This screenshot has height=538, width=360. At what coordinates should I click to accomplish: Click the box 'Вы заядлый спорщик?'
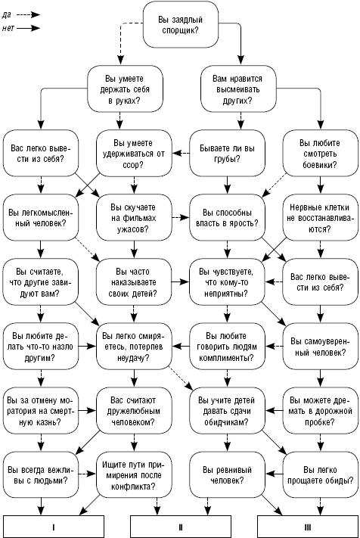[x=181, y=25]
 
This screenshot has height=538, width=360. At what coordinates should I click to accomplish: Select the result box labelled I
[x=54, y=527]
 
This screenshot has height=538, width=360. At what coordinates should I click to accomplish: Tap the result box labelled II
[x=181, y=527]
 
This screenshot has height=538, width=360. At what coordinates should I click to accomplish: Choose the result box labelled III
[x=308, y=527]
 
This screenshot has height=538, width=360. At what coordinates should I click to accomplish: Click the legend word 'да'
[x=7, y=14]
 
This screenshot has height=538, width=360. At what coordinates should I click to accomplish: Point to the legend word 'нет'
[x=8, y=28]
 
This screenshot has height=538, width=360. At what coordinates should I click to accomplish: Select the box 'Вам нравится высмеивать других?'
[x=238, y=89]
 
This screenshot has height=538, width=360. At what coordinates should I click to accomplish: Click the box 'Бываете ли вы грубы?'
[x=228, y=154]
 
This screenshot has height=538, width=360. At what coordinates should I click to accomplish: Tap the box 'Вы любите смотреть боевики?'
[x=320, y=154]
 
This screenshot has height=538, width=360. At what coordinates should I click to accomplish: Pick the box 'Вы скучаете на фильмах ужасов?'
[x=134, y=217]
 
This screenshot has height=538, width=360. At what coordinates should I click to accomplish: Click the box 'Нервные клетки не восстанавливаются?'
[x=320, y=217]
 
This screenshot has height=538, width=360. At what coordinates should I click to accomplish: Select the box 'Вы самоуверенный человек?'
[x=320, y=347]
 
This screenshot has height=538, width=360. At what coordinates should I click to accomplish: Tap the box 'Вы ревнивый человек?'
[x=228, y=475]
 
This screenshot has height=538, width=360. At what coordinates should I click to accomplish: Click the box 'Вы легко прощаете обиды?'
[x=320, y=475]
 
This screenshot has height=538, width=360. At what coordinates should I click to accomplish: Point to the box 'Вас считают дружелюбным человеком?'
[x=134, y=411]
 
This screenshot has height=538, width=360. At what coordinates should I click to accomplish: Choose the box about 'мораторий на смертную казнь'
[x=41, y=411]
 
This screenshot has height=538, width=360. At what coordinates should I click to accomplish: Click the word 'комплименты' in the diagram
[x=226, y=358]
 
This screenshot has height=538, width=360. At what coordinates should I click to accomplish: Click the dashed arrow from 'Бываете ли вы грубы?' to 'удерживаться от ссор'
[x=181, y=154]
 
